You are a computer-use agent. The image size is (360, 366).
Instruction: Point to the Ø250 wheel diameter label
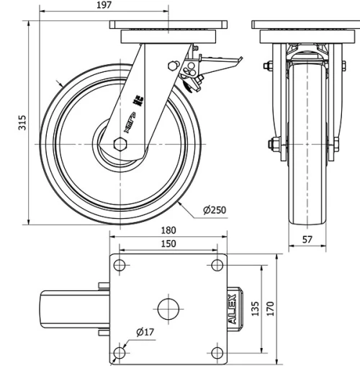[215, 210]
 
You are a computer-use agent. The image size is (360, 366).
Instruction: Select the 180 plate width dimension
[168, 231]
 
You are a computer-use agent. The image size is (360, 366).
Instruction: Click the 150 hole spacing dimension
[168, 245]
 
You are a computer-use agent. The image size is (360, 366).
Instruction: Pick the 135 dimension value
[254, 308]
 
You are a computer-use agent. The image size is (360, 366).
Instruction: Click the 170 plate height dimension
[270, 307]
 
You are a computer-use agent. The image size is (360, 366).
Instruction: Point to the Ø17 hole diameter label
[145, 332]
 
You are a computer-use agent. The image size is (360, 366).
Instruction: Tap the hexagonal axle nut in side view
[120, 144]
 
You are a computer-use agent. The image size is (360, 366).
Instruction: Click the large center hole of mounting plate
[168, 308]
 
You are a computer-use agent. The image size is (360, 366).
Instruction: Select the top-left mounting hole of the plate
[120, 266]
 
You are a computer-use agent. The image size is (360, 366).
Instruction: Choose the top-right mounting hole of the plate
[216, 266]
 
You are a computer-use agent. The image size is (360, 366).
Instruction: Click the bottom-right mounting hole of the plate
[216, 352]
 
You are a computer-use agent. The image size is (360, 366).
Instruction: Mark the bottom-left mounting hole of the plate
[120, 352]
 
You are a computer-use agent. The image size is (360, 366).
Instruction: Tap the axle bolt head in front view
[274, 143]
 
